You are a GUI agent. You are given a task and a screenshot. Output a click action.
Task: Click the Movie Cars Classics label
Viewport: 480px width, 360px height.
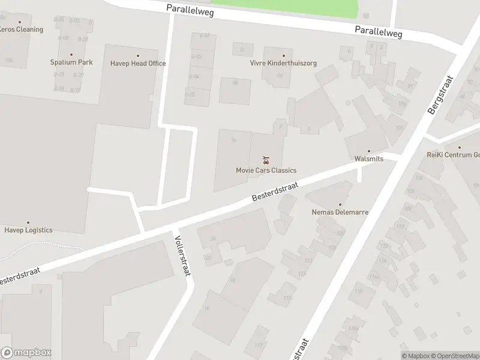pos(266,170)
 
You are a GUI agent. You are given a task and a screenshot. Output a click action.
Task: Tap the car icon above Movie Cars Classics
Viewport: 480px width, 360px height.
pos(266,160)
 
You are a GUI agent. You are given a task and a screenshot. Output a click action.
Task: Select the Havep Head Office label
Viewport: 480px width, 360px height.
pos(137,64)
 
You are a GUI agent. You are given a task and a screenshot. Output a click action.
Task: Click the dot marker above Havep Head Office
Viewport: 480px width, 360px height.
pos(137,55)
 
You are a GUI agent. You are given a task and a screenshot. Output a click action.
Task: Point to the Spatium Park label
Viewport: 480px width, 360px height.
pos(71,62)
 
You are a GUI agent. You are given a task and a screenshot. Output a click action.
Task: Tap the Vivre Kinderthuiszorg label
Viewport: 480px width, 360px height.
pos(283,63)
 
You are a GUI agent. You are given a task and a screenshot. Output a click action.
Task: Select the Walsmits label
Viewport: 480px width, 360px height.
pos(369,160)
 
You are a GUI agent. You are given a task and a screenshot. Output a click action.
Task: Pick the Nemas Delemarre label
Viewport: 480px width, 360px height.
pos(340,212)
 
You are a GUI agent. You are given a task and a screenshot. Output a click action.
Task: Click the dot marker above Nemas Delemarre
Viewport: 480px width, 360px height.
pos(340,204)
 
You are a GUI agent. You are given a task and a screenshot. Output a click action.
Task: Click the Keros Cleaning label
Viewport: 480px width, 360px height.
pos(20,29)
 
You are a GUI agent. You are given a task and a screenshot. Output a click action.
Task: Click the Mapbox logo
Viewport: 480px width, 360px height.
pos(26,353)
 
